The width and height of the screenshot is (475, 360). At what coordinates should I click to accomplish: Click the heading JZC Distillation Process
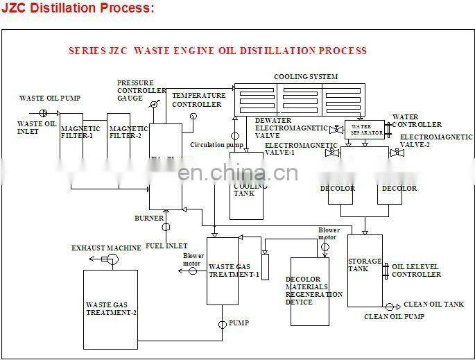(x=77, y=8)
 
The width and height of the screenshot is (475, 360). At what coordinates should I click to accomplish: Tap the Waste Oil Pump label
(x=49, y=98)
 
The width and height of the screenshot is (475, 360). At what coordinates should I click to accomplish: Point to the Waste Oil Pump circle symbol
(x=43, y=113)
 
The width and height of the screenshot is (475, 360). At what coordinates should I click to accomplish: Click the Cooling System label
(x=306, y=76)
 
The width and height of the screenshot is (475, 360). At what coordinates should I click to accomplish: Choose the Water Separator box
(x=366, y=130)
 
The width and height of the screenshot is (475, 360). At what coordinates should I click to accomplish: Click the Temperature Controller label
(x=198, y=99)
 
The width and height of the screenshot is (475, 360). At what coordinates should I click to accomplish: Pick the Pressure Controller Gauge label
(x=141, y=90)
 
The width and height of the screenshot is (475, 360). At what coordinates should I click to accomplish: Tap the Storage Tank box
(x=364, y=271)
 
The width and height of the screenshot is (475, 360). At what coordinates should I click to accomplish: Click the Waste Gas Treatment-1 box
(x=223, y=271)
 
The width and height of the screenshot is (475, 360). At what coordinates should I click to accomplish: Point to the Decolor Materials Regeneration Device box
(x=309, y=291)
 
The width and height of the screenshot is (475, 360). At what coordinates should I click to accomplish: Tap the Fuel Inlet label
(x=166, y=246)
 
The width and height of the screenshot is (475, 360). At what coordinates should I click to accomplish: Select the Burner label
(x=149, y=218)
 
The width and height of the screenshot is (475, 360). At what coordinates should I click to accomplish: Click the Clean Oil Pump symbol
(x=390, y=306)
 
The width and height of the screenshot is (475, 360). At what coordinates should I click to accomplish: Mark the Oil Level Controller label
(x=417, y=270)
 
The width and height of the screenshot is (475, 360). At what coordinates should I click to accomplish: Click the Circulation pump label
(x=216, y=145)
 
